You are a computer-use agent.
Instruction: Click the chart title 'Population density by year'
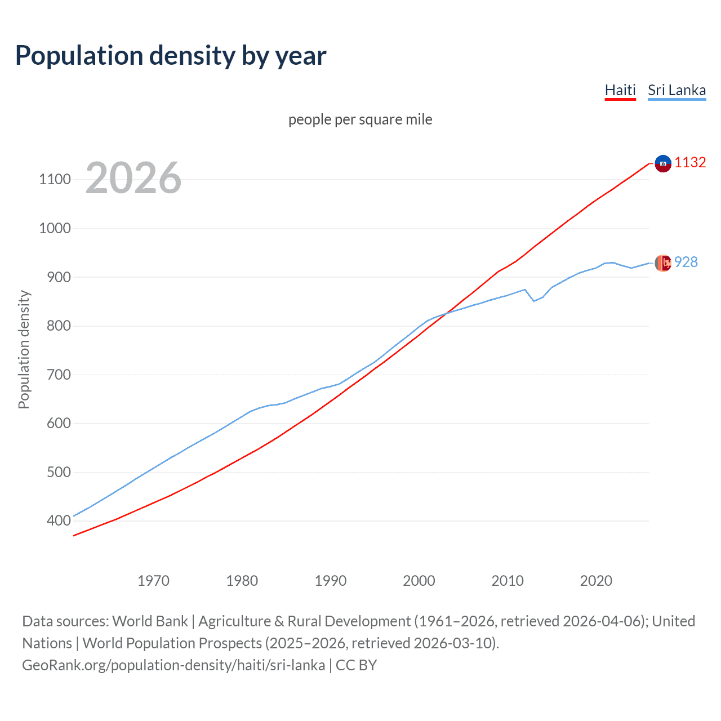pyautogui.click(x=171, y=56)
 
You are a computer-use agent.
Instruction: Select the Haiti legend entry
pyautogui.click(x=620, y=90)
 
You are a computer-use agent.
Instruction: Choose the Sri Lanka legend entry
pyautogui.click(x=677, y=90)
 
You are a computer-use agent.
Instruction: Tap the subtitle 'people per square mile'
pyautogui.click(x=360, y=119)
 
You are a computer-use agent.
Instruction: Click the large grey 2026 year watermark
pyautogui.click(x=133, y=178)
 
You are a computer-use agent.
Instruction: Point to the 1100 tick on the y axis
pyautogui.click(x=55, y=180)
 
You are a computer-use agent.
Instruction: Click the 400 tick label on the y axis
pyautogui.click(x=59, y=521)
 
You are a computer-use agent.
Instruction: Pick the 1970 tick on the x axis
pyautogui.click(x=153, y=581)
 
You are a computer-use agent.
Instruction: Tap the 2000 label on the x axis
pyautogui.click(x=419, y=581)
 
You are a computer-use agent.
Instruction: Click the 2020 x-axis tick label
pyautogui.click(x=596, y=581)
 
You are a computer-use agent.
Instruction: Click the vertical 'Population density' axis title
pyautogui.click(x=24, y=349)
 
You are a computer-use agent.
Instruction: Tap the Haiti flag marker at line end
pyautogui.click(x=663, y=163)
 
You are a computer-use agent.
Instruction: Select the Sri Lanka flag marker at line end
pyautogui.click(x=663, y=263)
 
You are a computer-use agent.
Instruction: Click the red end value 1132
pyautogui.click(x=690, y=162)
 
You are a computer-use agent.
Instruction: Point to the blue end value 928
pyautogui.click(x=686, y=262)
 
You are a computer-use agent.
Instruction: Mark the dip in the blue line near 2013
pyautogui.click(x=534, y=301)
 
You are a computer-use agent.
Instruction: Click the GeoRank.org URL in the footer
pyautogui.click(x=173, y=665)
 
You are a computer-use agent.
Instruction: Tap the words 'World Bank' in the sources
pyautogui.click(x=150, y=621)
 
